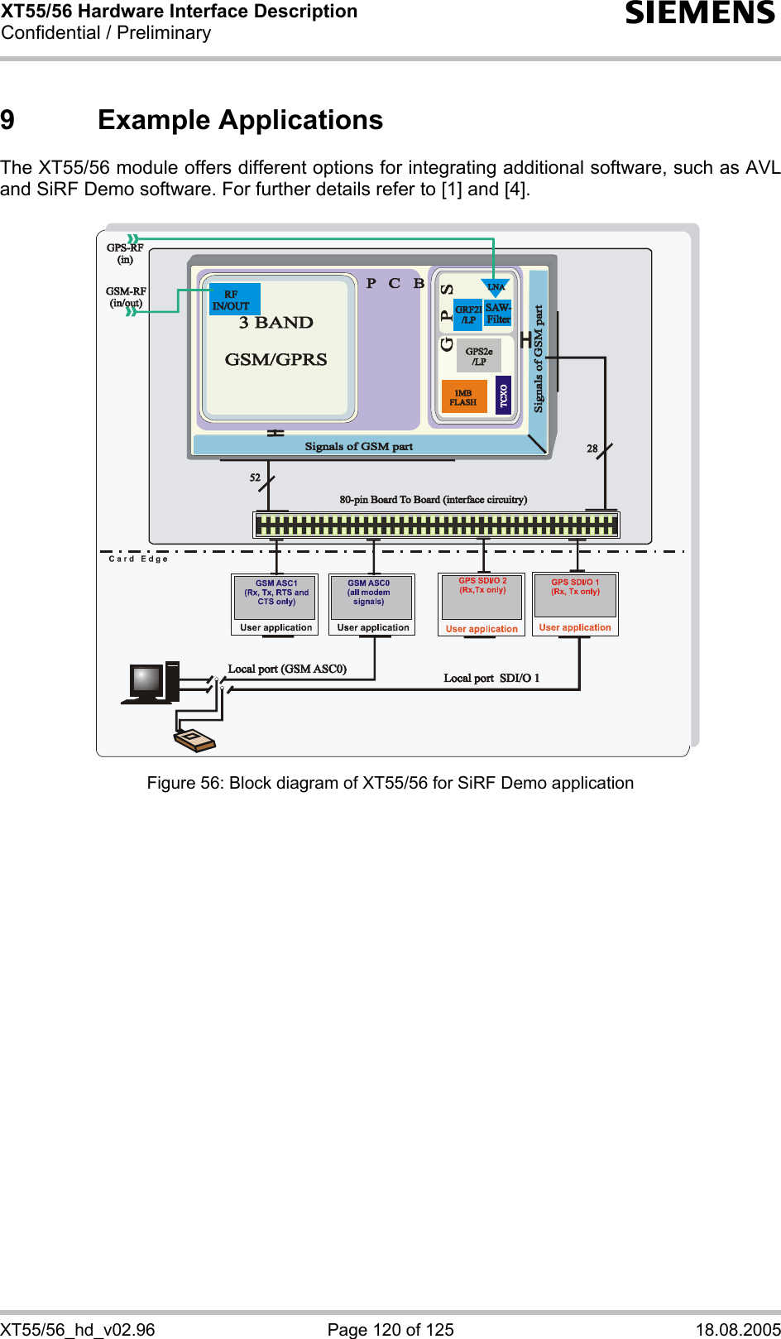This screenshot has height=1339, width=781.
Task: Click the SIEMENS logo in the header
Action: coord(700,13)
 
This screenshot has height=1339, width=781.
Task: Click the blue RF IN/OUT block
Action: coord(234,299)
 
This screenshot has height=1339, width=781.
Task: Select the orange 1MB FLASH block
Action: coord(463,397)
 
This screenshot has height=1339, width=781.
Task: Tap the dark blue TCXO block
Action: coord(503,395)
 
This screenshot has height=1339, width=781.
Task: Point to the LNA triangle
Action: coord(496,287)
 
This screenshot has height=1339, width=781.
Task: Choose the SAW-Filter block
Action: coord(498,313)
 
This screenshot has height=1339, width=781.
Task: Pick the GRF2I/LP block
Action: coord(468,314)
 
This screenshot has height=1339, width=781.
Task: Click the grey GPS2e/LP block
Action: coord(479,356)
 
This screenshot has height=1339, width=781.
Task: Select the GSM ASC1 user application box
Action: coord(275,604)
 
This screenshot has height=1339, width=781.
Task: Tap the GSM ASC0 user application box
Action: coord(371,604)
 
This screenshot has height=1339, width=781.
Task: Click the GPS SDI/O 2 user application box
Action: coord(482,604)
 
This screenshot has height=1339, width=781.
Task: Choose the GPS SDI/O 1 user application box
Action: coord(576,604)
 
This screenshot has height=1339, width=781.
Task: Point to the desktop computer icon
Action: coord(151,683)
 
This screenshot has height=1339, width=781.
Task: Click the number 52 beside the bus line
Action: coord(255,478)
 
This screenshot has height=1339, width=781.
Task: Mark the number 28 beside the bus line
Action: coord(592,449)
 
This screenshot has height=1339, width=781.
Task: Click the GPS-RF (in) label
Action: coord(125,253)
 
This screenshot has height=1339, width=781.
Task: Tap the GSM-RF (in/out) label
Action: coord(126,297)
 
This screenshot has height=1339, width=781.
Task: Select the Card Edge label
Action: coord(138,559)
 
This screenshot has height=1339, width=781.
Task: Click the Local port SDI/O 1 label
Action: coord(491,678)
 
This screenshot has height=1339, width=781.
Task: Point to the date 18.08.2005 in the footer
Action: coord(738,1329)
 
